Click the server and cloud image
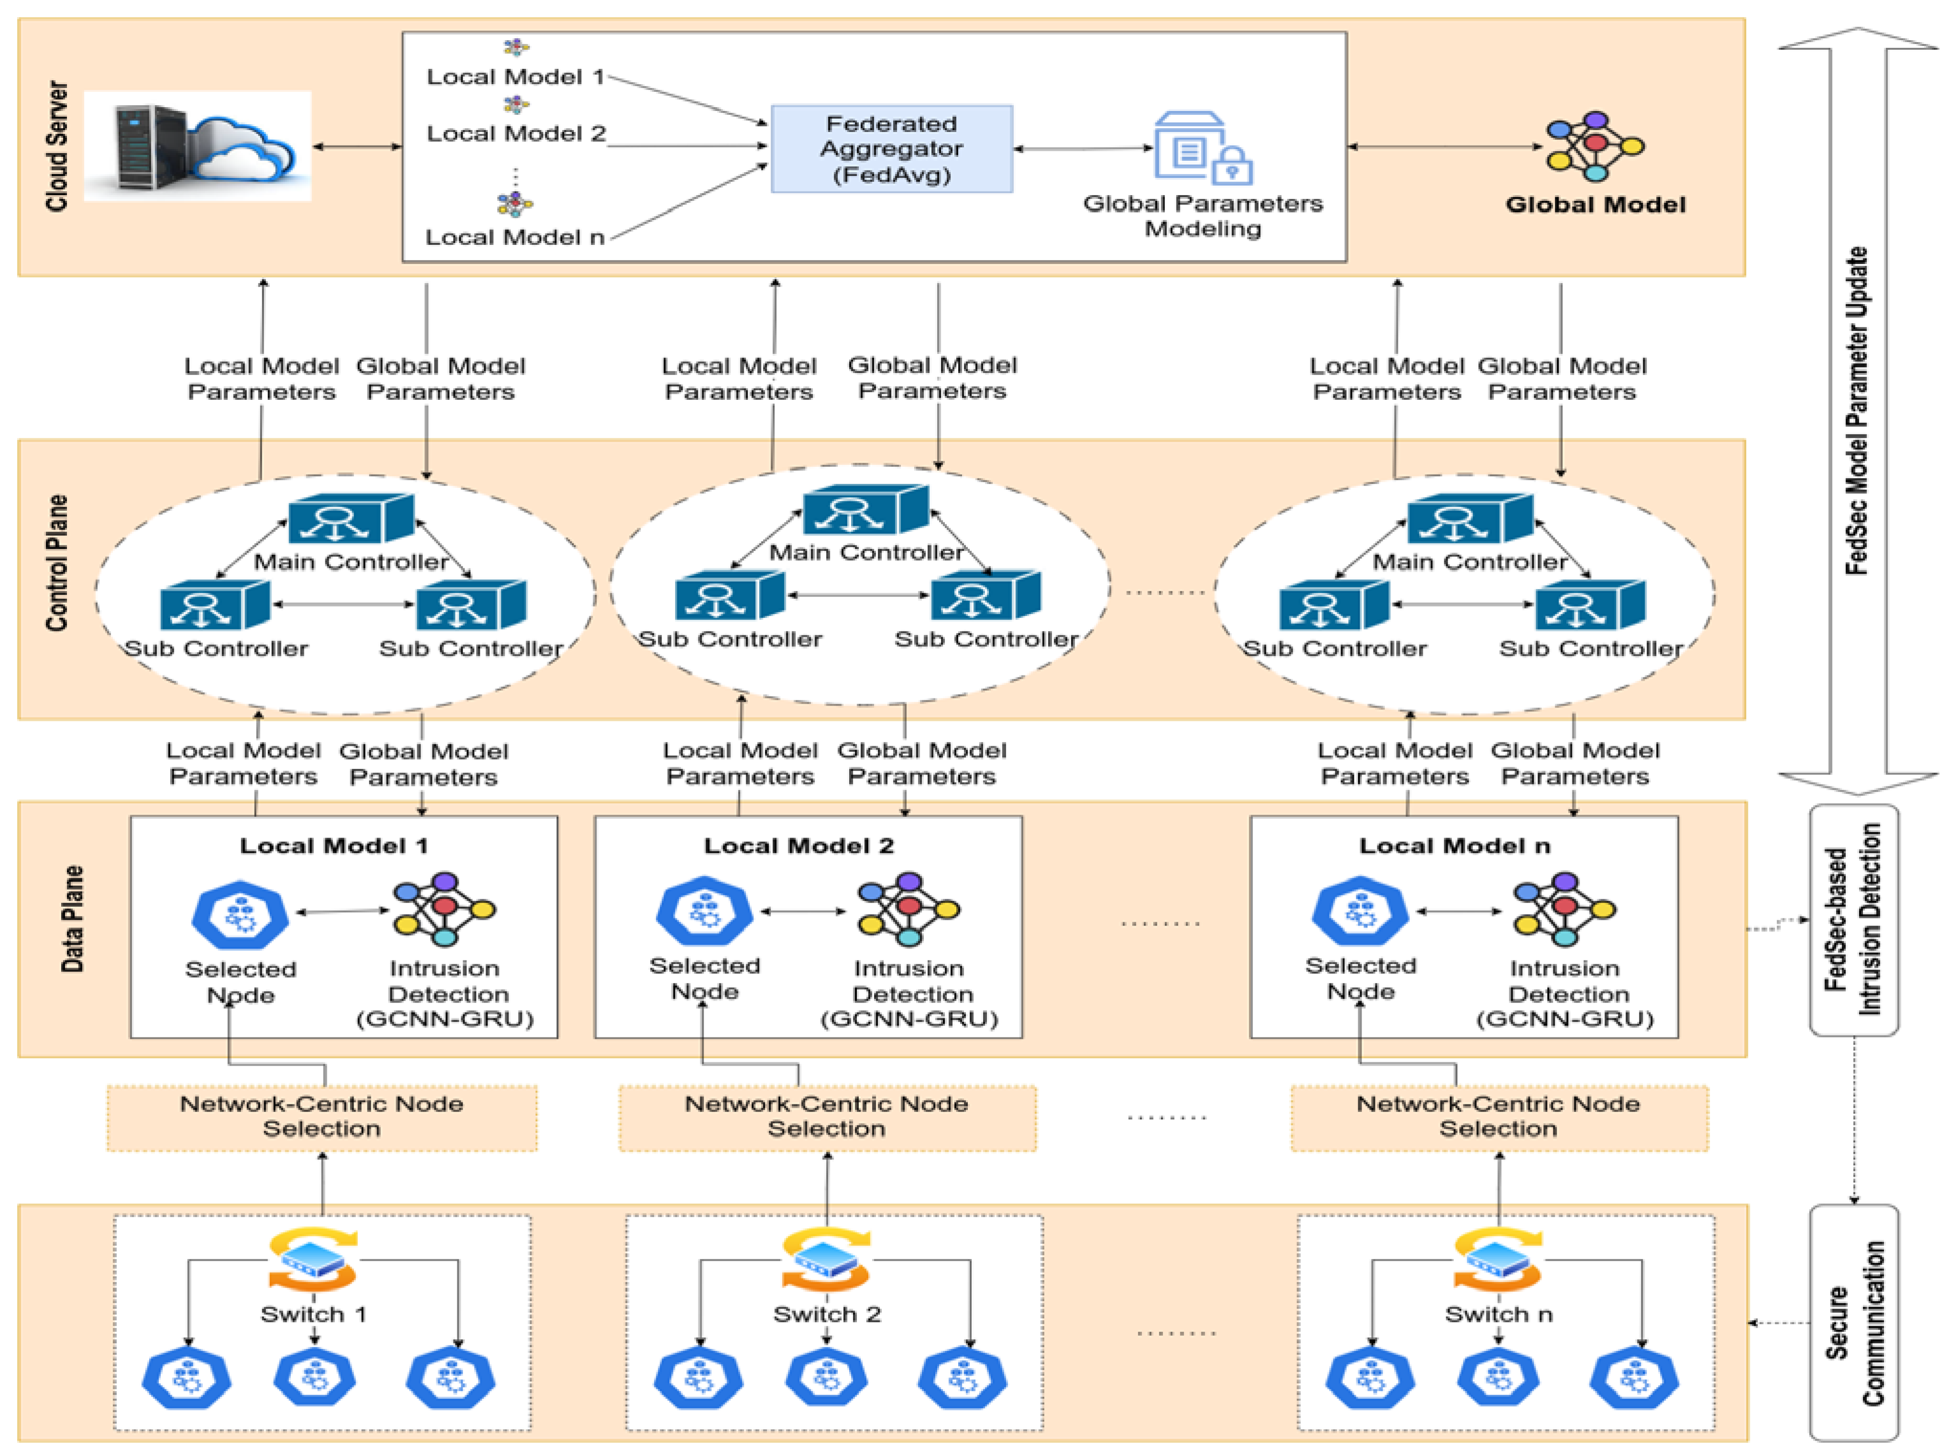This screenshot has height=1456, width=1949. [198, 146]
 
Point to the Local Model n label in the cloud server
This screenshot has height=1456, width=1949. [515, 237]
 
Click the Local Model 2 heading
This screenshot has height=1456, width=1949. [798, 846]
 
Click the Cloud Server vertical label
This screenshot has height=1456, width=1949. [57, 146]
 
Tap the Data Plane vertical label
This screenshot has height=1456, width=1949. [72, 919]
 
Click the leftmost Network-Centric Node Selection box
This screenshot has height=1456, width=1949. [321, 1117]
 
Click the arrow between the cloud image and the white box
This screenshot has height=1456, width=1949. [357, 146]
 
